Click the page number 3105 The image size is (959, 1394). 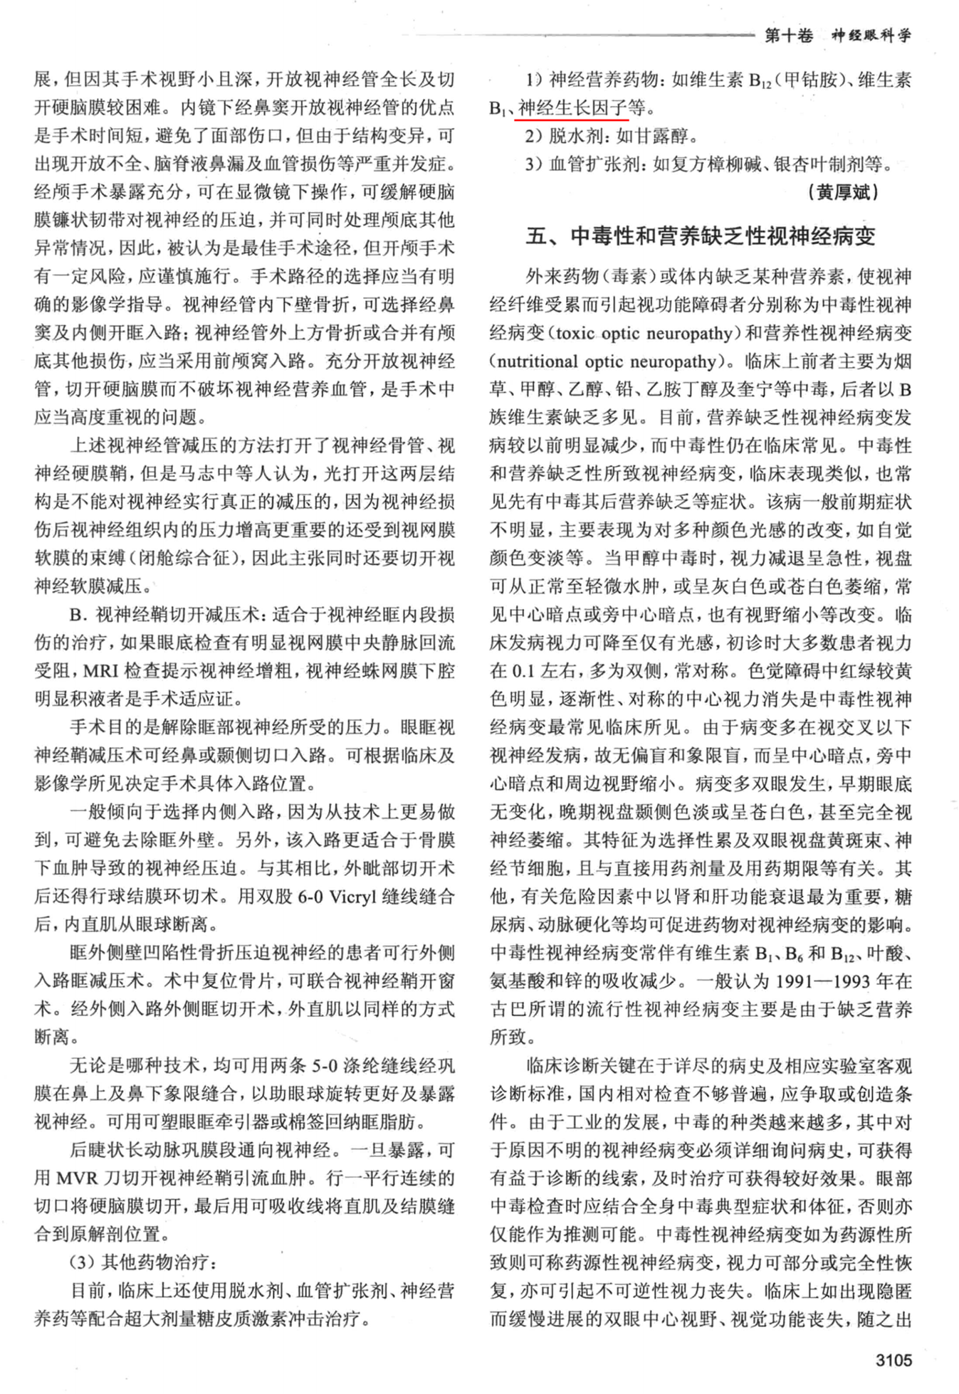pos(893,1360)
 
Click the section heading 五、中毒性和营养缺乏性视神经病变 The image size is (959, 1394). pos(701,236)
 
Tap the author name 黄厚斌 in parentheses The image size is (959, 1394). pos(844,192)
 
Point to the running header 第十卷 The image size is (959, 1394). pos(789,36)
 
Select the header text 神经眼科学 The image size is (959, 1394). pos(871,36)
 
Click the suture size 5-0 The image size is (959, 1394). pos(323,1065)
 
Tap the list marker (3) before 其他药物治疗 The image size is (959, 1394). pos(83,1262)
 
